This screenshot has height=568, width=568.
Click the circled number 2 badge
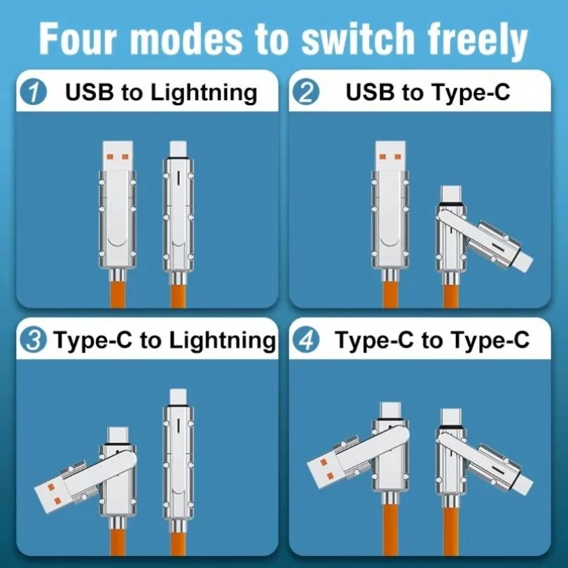click(305, 92)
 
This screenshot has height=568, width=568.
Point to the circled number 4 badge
click(307, 341)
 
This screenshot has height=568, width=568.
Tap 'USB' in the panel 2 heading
click(370, 92)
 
